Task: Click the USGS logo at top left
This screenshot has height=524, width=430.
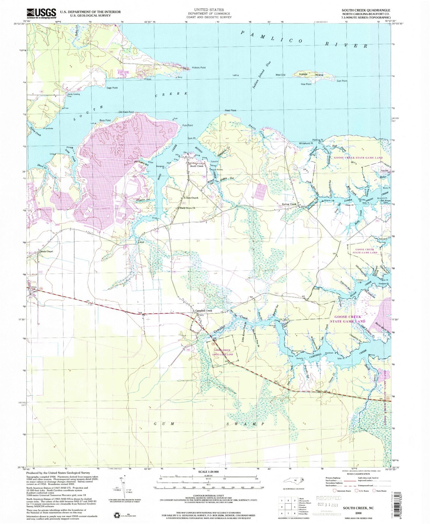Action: point(41,13)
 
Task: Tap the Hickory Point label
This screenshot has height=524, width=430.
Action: point(198,68)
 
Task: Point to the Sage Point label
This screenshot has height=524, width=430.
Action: point(112,88)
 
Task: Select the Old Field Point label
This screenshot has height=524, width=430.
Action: point(126,112)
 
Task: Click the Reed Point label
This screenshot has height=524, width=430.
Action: point(230,110)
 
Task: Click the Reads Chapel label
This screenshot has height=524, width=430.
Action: point(46,252)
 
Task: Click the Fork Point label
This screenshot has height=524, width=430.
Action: point(188,125)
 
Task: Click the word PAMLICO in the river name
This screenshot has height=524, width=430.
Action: point(271,37)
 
